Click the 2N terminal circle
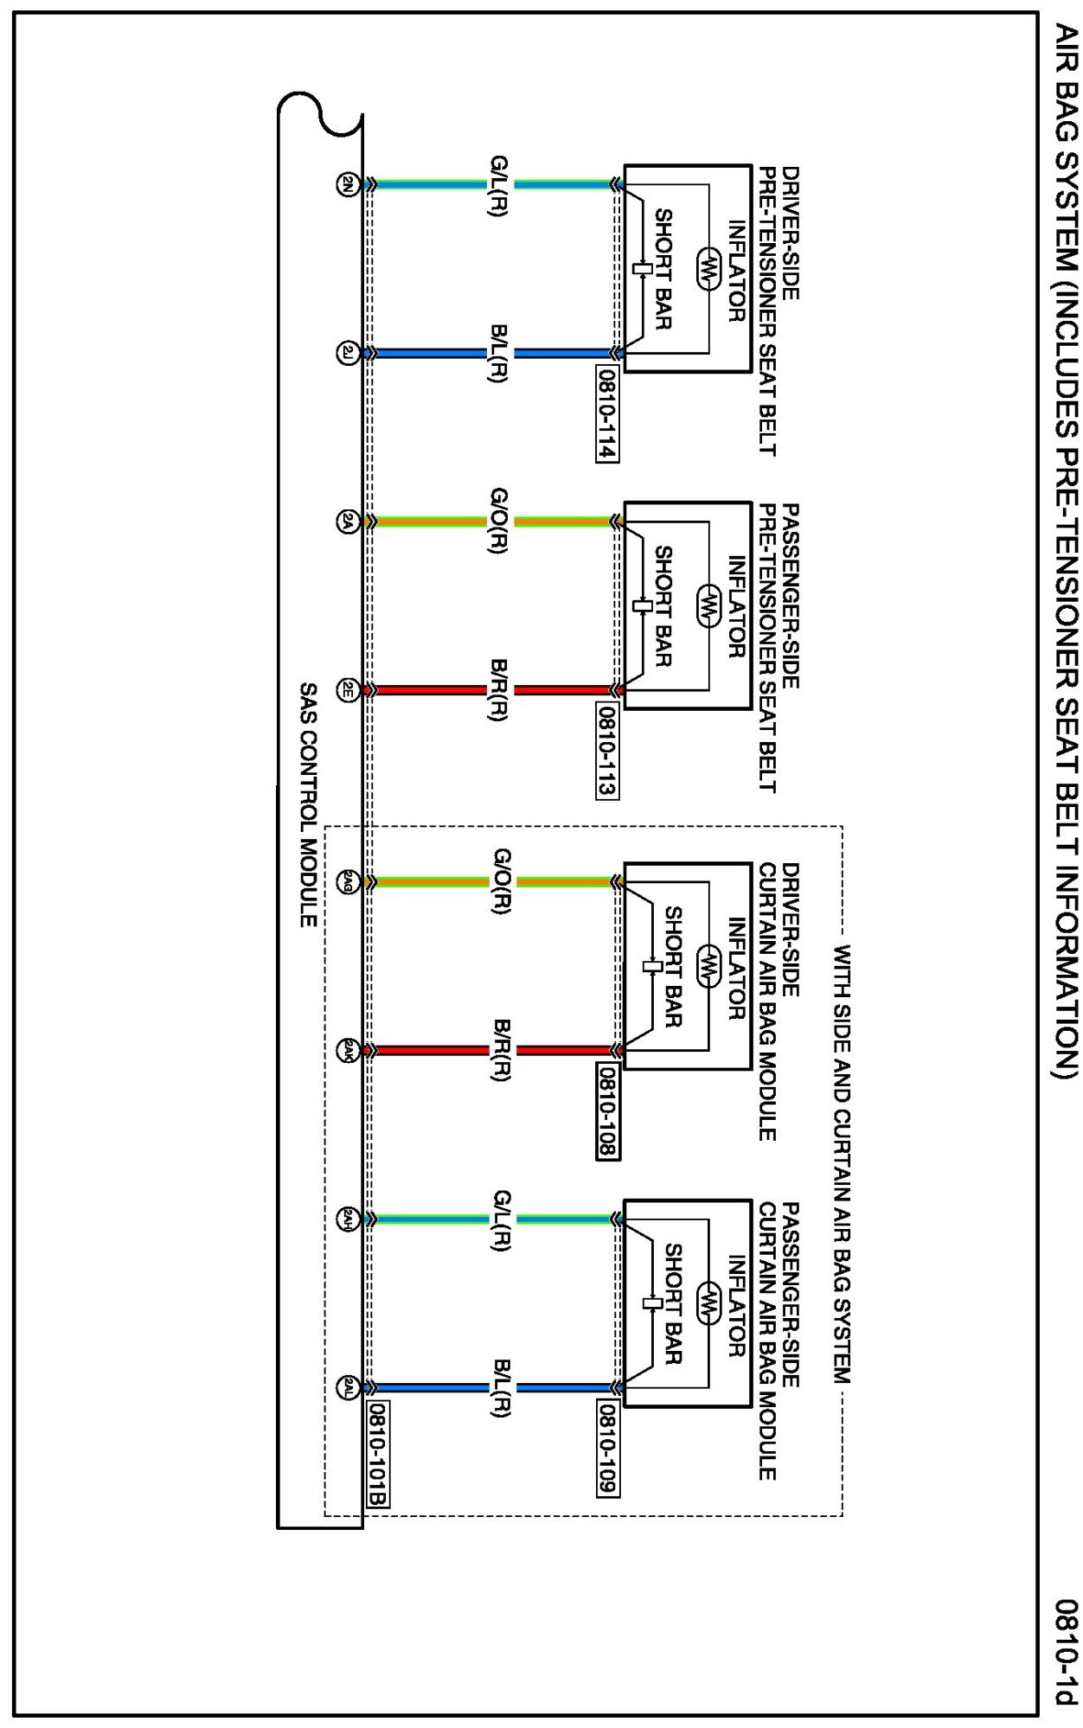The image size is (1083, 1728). tap(347, 184)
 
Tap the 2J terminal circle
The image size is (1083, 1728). tap(347, 353)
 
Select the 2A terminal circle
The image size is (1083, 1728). tap(347, 522)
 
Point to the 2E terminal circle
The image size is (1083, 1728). tap(347, 690)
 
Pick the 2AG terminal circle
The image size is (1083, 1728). tap(347, 882)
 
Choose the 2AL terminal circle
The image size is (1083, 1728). tap(347, 1387)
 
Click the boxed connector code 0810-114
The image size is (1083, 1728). tap(607, 414)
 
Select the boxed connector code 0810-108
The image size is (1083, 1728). tap(607, 1112)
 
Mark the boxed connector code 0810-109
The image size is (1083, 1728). tap(607, 1450)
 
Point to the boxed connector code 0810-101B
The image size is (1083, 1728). tap(378, 1455)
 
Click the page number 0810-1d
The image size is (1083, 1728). tap(1067, 1653)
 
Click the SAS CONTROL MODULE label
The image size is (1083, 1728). tap(308, 805)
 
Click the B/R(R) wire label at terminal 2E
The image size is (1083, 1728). tap(499, 690)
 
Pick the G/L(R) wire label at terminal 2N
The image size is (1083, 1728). tap(499, 185)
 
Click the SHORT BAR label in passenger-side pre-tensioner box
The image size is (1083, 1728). tap(663, 606)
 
